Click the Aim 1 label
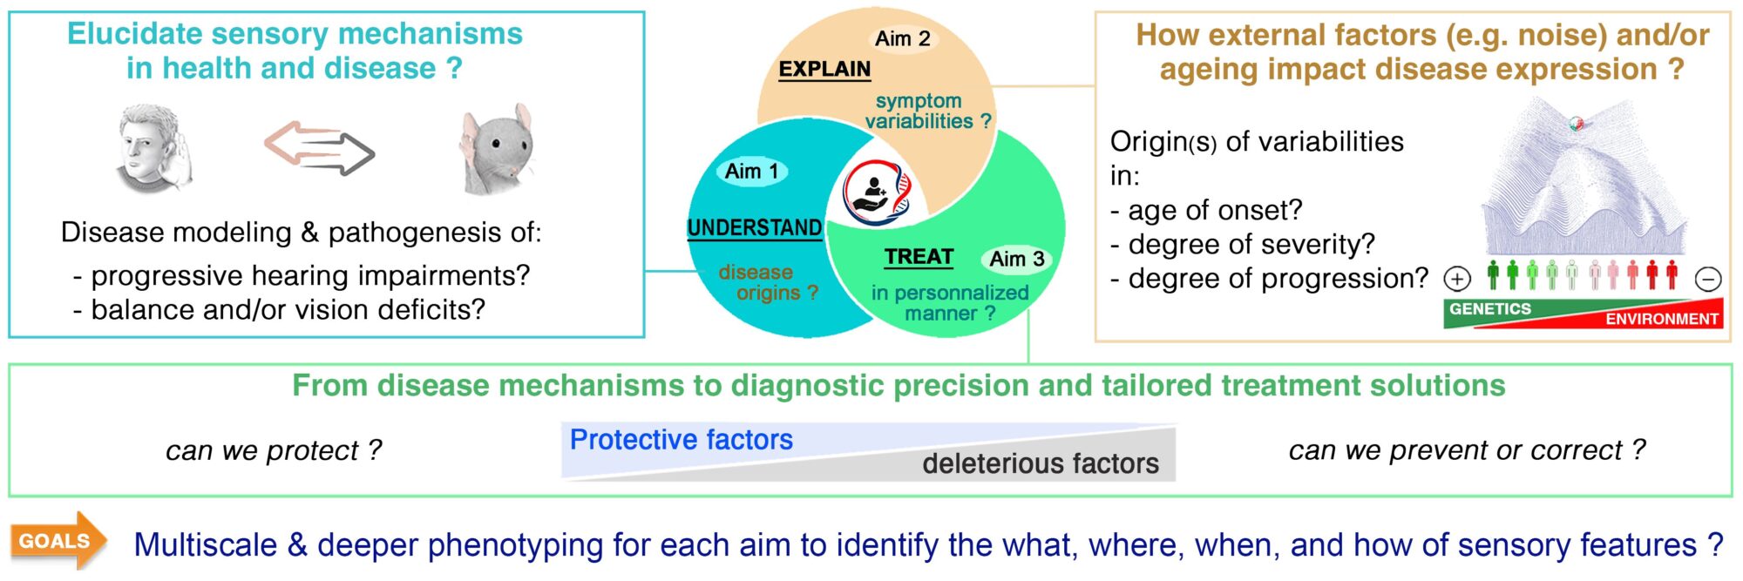click(x=751, y=172)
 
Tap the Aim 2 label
click(x=902, y=38)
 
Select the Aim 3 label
click(x=1016, y=259)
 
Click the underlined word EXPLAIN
click(x=824, y=69)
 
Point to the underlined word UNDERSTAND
click(x=754, y=228)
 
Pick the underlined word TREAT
click(x=919, y=257)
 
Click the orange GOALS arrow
click(x=58, y=541)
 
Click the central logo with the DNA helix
click(x=878, y=192)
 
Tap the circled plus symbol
click(x=1457, y=279)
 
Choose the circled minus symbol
click(x=1707, y=280)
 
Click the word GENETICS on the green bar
click(x=1489, y=309)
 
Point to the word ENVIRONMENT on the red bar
click(x=1661, y=319)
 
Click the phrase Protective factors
click(x=681, y=440)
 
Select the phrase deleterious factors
click(x=1041, y=463)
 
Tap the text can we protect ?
click(x=274, y=450)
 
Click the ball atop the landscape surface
click(x=1576, y=124)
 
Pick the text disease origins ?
click(x=768, y=283)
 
